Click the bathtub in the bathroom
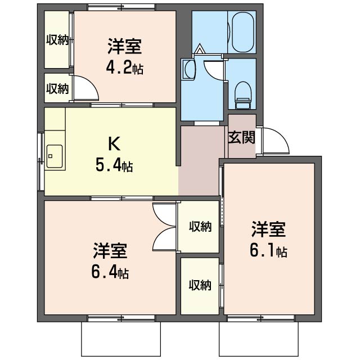pyautogui.click(x=244, y=33)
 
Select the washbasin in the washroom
pyautogui.click(x=190, y=69)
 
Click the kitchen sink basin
pyautogui.click(x=55, y=156)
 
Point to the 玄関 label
pyautogui.click(x=241, y=137)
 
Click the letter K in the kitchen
pyautogui.click(x=114, y=144)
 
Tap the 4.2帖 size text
pyautogui.click(x=125, y=68)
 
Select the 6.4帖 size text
pyautogui.click(x=110, y=272)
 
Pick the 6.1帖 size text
pyautogui.click(x=268, y=251)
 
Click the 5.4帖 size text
pyautogui.click(x=114, y=165)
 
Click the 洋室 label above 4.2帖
pyautogui.click(x=125, y=47)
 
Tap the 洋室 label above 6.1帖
pyautogui.click(x=268, y=229)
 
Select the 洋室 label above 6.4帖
pyautogui.click(x=110, y=251)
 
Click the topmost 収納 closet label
pyautogui.click(x=57, y=40)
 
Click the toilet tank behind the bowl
pyautogui.click(x=242, y=103)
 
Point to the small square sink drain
pyautogui.click(x=50, y=156)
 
